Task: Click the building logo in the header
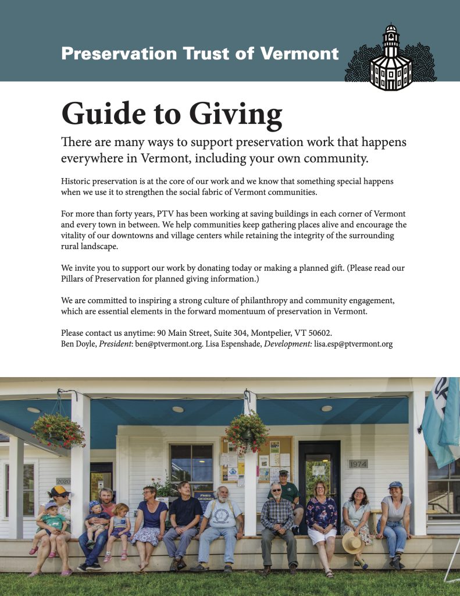pyautogui.click(x=390, y=58)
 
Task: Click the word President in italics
pyautogui.click(x=115, y=344)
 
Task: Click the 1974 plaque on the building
pyautogui.click(x=358, y=464)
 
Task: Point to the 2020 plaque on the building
pyautogui.click(x=63, y=481)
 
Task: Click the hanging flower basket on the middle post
pyautogui.click(x=247, y=431)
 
